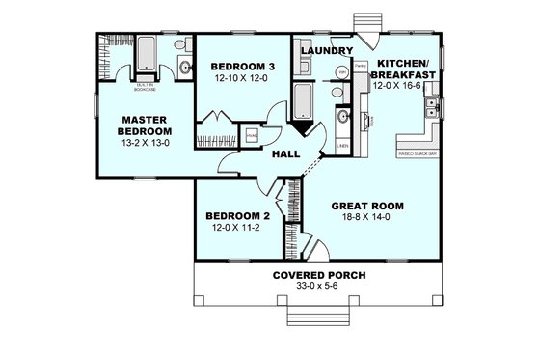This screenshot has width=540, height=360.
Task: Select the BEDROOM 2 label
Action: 237,217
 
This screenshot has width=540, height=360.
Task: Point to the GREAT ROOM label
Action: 366,206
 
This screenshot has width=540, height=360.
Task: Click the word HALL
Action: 285,154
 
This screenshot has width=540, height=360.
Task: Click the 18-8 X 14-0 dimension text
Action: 366,219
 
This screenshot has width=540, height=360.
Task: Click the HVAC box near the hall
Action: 252,136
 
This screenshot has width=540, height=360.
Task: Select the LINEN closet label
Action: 343,146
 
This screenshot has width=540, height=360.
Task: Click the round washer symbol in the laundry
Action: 340,73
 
